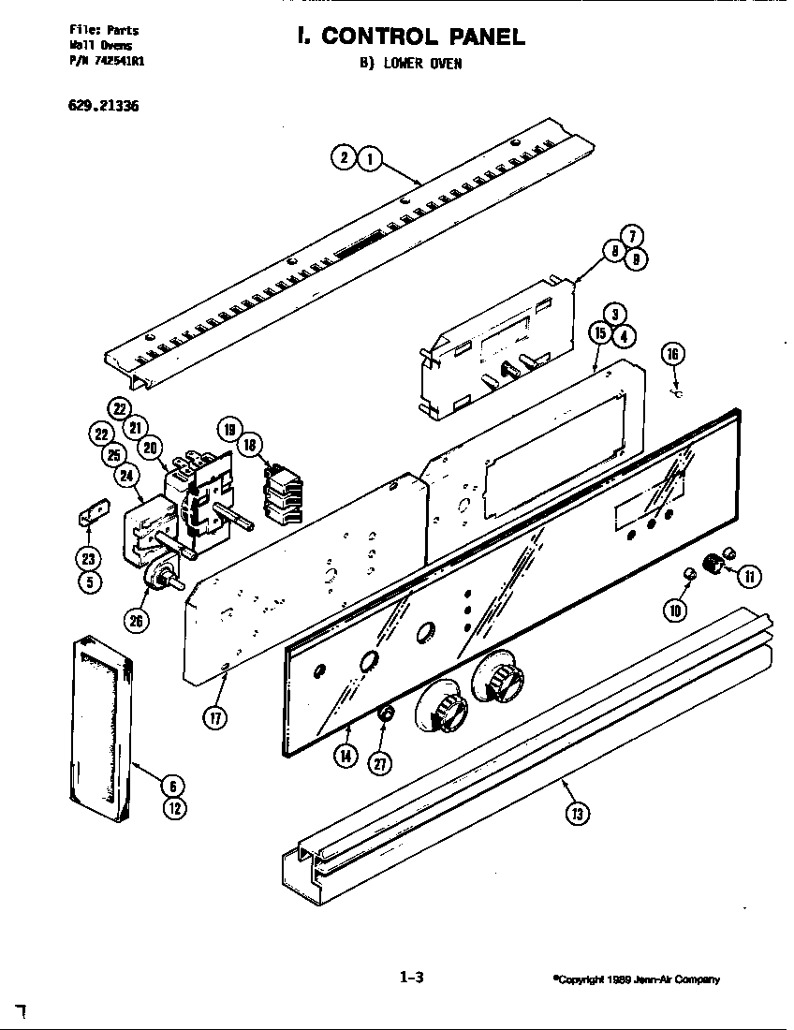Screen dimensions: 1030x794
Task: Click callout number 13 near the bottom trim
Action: tap(578, 814)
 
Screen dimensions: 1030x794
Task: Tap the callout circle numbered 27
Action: tap(380, 763)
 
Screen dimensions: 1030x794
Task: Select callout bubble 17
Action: tap(215, 719)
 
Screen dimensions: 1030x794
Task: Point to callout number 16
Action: tap(672, 354)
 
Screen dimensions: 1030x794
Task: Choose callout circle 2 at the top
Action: tap(344, 158)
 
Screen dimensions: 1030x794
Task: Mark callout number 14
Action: tap(346, 757)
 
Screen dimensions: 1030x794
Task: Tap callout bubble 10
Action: tap(674, 611)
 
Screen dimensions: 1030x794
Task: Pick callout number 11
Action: tap(749, 576)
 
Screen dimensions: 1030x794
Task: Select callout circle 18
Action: tap(250, 446)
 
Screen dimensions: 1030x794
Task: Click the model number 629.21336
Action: tap(103, 105)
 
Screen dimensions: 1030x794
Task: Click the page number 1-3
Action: tap(412, 978)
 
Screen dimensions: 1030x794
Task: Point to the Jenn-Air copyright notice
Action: tap(636, 979)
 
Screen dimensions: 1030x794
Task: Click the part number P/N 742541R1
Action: tap(107, 58)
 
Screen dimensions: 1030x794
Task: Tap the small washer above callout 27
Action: tap(383, 716)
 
